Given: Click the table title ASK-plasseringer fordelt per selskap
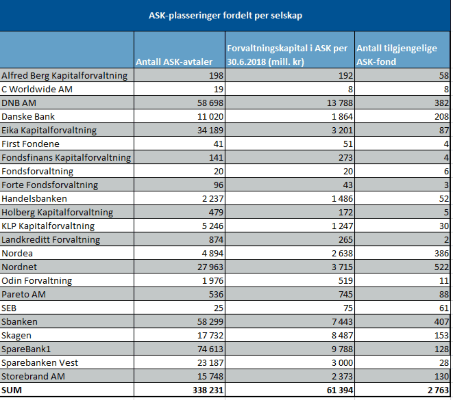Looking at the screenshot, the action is [225, 16].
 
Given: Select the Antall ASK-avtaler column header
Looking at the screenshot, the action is [174, 62].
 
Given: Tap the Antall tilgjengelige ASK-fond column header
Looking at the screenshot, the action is [397, 55].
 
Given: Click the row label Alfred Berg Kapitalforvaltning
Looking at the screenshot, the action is [64, 76].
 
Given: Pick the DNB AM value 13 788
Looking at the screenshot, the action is [340, 103].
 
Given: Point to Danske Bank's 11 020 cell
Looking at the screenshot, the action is [210, 116].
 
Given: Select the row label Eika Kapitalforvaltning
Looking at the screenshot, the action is [49, 130].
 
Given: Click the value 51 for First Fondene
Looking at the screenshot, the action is [348, 144].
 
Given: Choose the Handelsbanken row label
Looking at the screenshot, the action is [34, 199].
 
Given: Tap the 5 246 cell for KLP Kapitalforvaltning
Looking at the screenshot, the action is [213, 226].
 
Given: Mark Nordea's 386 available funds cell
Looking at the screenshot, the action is [441, 253].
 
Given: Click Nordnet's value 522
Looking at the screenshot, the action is [441, 267].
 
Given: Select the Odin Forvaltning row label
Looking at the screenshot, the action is [36, 281].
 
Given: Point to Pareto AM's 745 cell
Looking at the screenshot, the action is [346, 294].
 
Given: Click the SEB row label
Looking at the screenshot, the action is [9, 308].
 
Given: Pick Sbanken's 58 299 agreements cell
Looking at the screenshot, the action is [210, 322].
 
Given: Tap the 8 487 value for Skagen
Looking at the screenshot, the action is [342, 335].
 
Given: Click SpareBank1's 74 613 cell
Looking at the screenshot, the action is [210, 349].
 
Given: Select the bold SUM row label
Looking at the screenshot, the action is [12, 390].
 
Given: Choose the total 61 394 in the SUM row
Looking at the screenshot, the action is [340, 390].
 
